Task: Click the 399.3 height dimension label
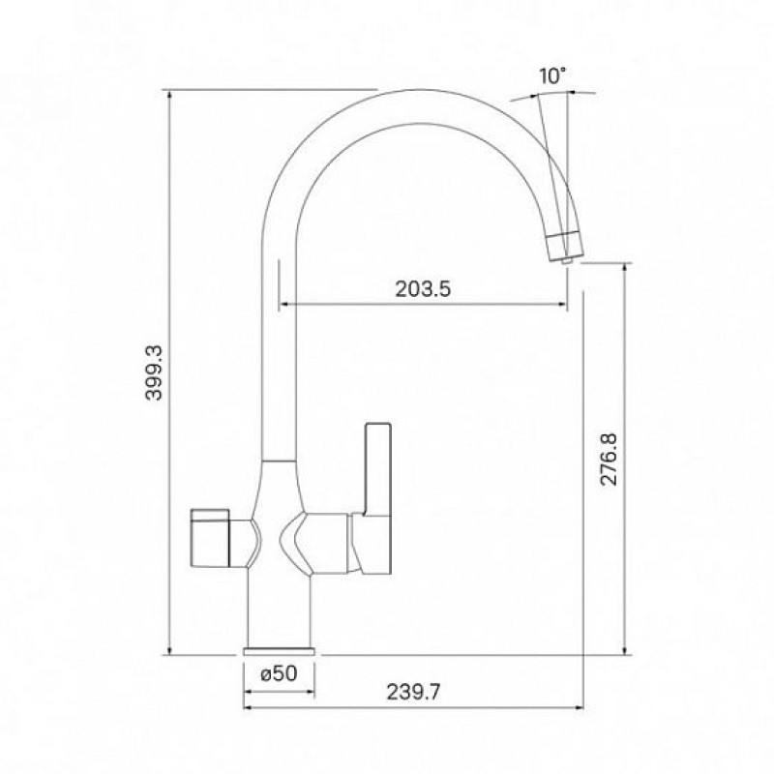coord(154,372)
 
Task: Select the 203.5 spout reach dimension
coord(423,288)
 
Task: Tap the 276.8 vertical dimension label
coord(610,459)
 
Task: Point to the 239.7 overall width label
coord(413,692)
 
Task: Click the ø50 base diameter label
coord(279,672)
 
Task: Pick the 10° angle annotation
coord(551,76)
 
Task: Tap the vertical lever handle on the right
coord(378,469)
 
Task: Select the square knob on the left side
coord(210,537)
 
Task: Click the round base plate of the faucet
coord(279,651)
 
